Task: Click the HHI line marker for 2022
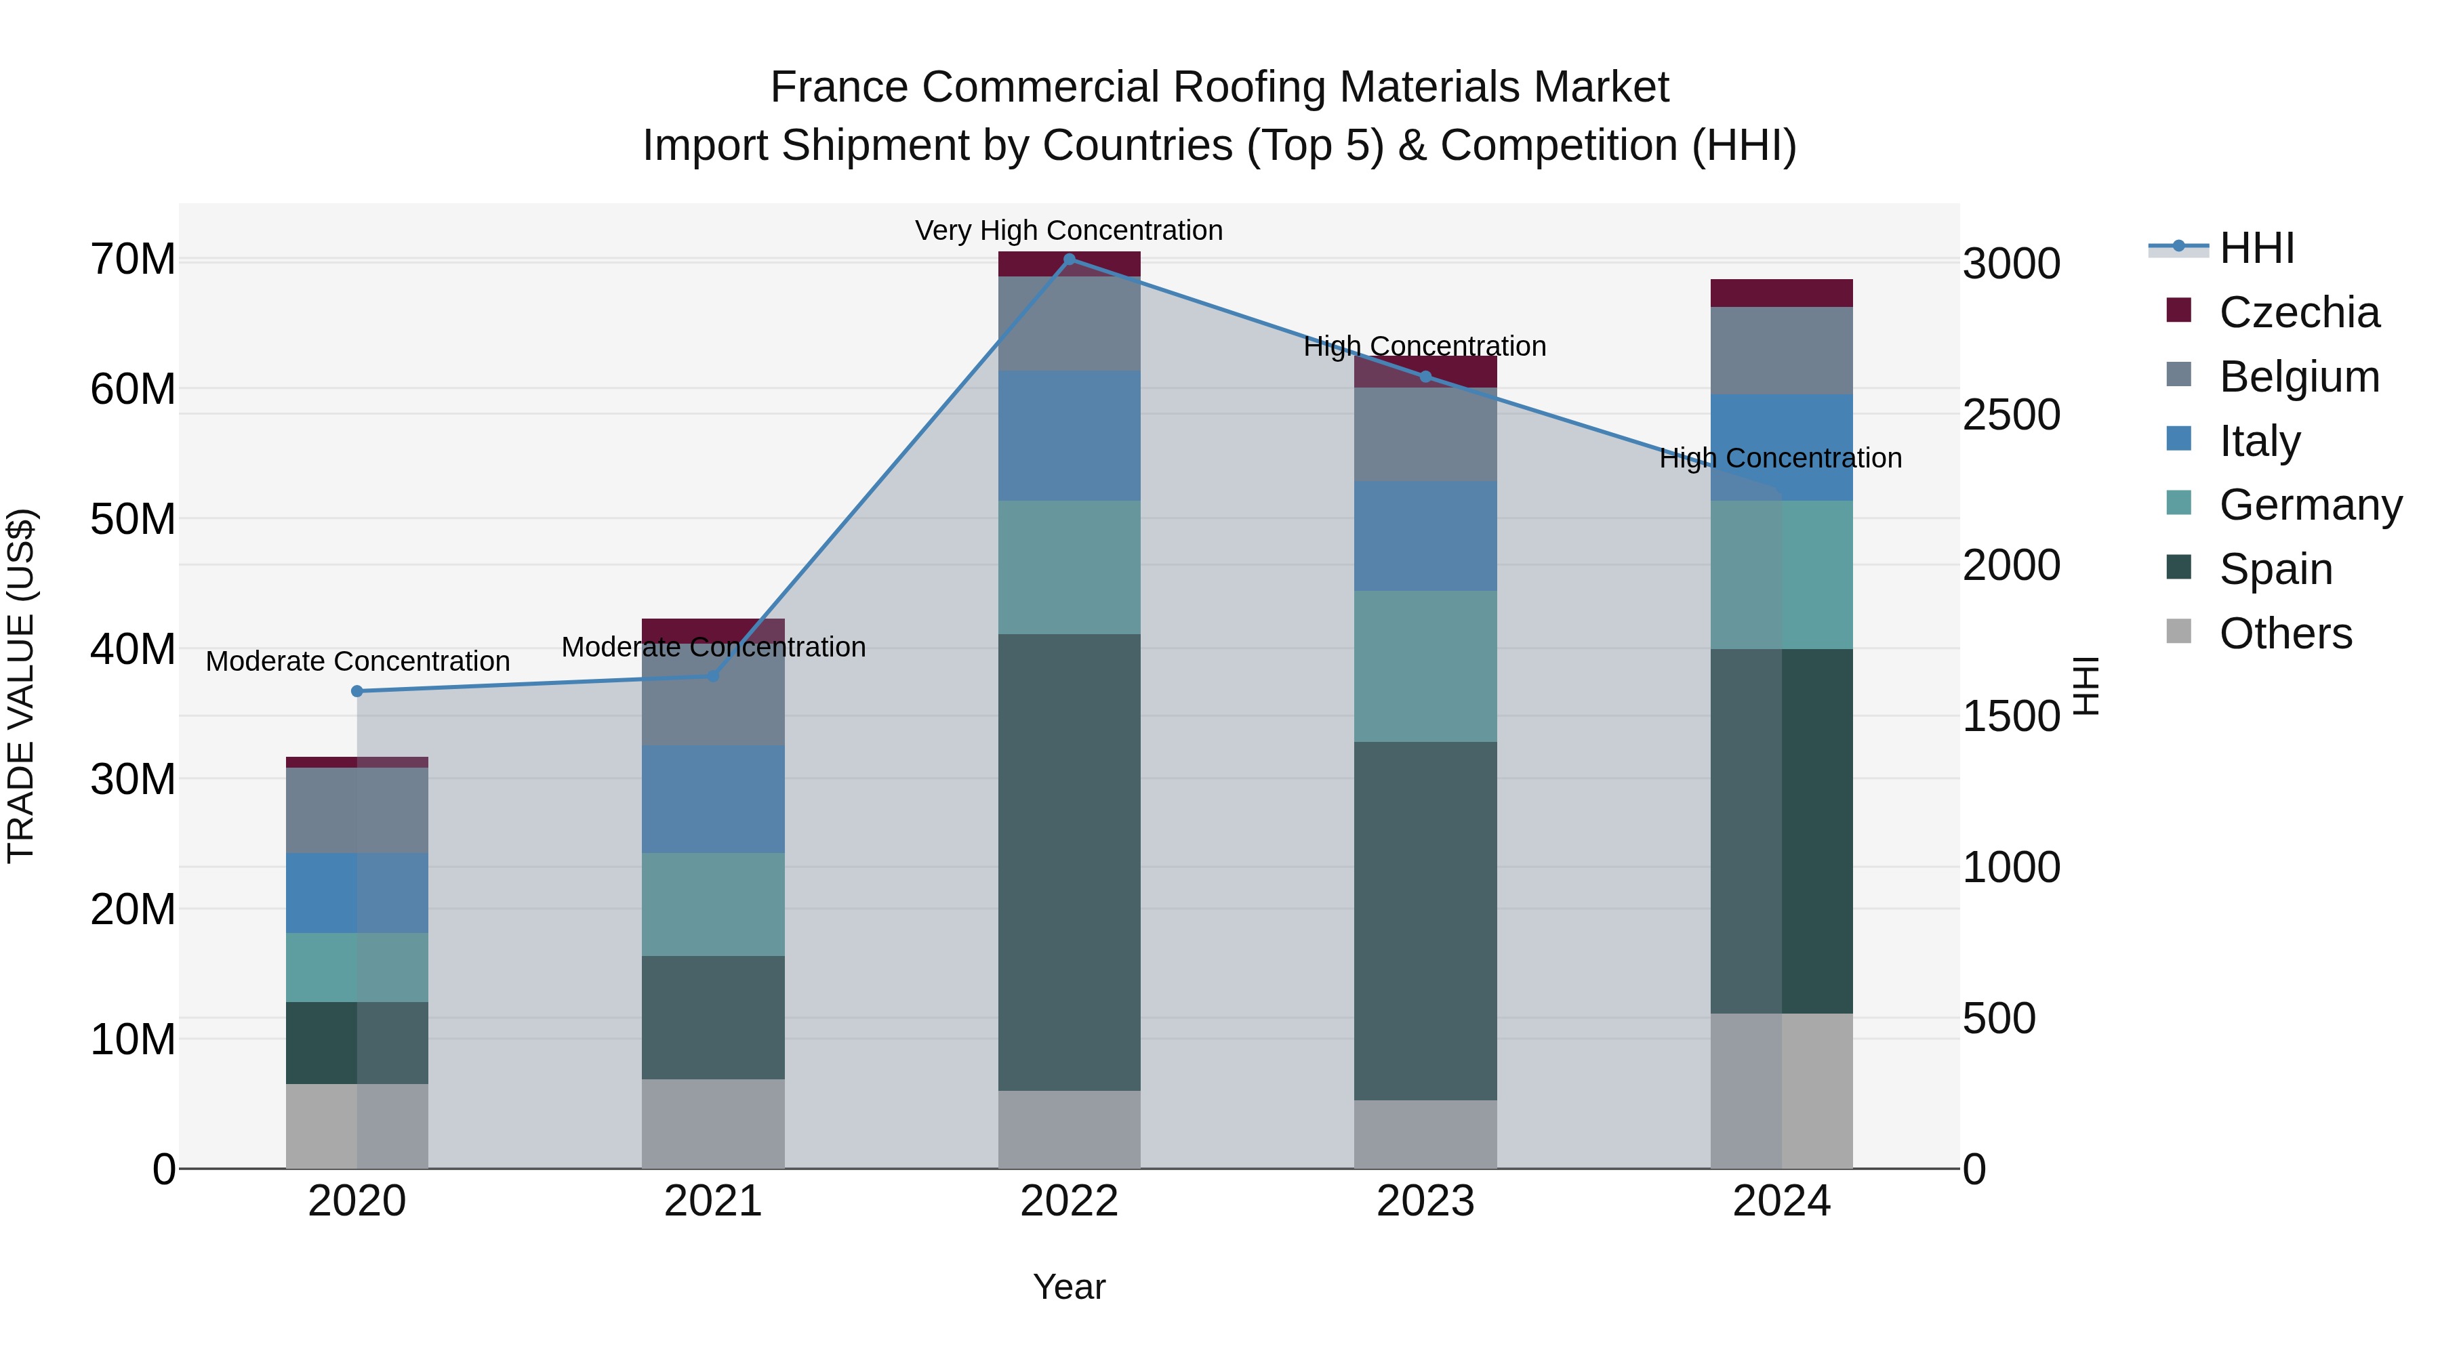coord(1070,259)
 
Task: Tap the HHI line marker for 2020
coord(357,691)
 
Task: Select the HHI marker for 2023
coord(1425,377)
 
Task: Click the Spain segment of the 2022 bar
coord(1070,862)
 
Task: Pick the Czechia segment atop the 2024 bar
coord(1782,293)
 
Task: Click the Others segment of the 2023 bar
coord(1425,1134)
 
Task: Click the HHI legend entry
coord(2256,248)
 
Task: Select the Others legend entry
coord(2285,633)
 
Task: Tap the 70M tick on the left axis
coord(133,259)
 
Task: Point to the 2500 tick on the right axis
coord(2010,415)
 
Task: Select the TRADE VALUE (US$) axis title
coord(21,686)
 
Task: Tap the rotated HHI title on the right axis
coord(2087,686)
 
